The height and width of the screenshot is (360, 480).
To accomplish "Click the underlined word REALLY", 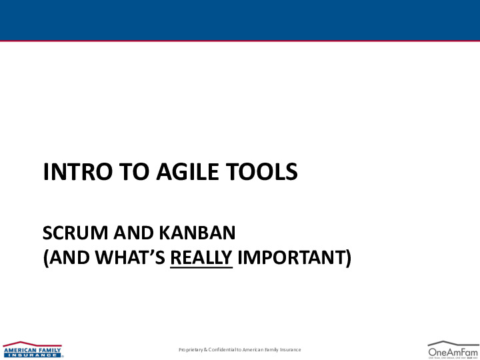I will click(201, 257).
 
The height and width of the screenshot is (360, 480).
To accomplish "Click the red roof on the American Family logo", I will click(32, 343).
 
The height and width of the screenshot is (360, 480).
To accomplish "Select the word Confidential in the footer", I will click(223, 350).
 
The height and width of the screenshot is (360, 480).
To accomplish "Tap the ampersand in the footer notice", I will click(205, 350).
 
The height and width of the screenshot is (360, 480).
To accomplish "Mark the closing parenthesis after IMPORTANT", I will click(347, 257).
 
